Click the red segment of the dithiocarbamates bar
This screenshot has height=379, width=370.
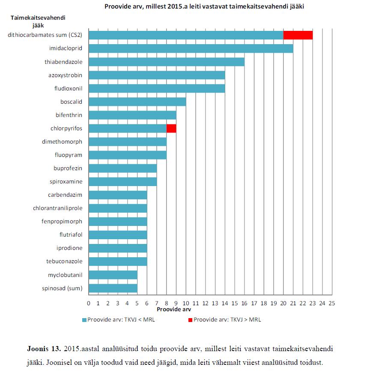(x=298, y=35)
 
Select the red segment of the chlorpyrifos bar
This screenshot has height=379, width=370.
(x=171, y=128)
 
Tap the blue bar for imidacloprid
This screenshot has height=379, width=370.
(x=191, y=48)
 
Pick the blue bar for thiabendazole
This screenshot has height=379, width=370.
(x=167, y=62)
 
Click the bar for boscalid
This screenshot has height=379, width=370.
(x=137, y=102)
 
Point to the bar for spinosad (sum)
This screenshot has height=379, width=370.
(x=113, y=288)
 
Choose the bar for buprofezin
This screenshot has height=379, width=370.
(x=122, y=168)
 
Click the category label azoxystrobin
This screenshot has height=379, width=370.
(x=65, y=75)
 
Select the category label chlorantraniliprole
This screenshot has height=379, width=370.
(x=58, y=208)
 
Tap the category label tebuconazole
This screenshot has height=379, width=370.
(x=64, y=261)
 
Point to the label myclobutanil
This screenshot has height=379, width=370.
(x=65, y=275)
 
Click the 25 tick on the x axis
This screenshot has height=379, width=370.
(x=332, y=304)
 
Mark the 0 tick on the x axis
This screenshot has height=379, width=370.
(x=89, y=304)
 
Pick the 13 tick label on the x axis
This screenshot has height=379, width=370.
(x=215, y=304)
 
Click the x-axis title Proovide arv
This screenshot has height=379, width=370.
(x=174, y=310)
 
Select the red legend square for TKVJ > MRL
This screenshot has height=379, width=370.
(x=190, y=320)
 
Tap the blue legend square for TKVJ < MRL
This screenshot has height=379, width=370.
(x=84, y=320)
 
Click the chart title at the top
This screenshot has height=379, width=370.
(x=204, y=6)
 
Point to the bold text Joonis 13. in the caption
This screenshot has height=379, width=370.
(x=44, y=349)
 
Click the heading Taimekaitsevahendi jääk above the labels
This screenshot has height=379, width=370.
(x=38, y=21)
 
